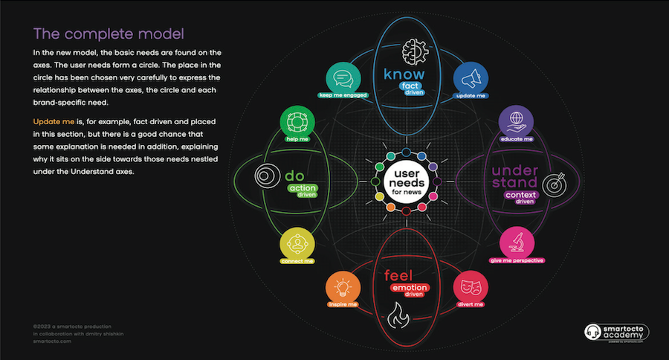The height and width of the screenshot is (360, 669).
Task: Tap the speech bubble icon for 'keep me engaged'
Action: coord(343,78)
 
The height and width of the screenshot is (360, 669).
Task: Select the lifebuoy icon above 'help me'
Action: coord(294,122)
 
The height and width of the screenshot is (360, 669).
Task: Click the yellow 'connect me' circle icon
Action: coord(294,243)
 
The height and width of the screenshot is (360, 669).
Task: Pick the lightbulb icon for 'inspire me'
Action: coord(343,288)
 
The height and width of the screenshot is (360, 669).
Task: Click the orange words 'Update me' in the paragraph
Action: coord(53,120)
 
